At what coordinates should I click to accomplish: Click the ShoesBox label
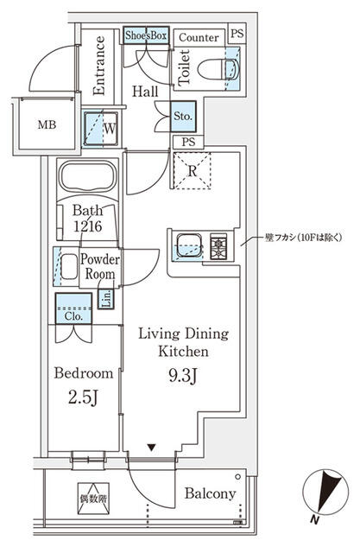point(146,35)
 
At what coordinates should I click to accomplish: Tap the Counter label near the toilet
point(198,37)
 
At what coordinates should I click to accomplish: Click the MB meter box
point(44,123)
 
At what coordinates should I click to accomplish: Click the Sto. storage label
point(183,114)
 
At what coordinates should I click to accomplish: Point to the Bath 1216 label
point(88,217)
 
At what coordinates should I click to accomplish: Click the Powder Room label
point(100,266)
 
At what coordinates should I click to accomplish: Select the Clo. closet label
point(73,316)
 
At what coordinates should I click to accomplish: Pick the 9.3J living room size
point(182,375)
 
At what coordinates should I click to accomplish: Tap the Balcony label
point(210,493)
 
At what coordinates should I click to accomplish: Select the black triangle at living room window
point(152,447)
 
